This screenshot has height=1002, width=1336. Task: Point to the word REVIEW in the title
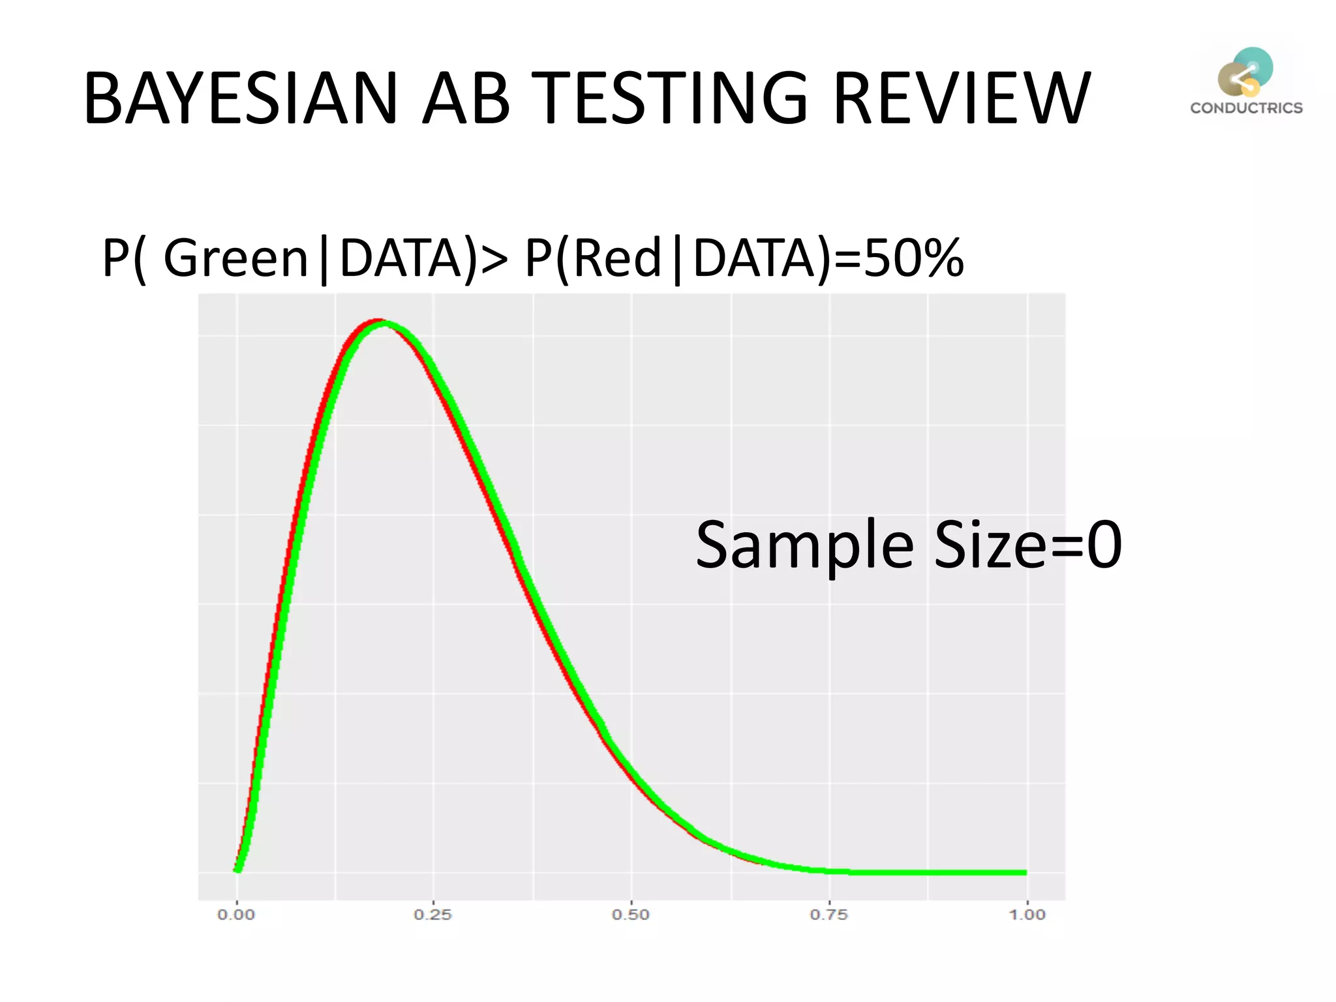962,99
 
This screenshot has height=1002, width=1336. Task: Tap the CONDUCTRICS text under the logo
1246,108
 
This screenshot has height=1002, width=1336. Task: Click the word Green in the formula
235,258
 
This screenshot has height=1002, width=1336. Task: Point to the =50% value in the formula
898,258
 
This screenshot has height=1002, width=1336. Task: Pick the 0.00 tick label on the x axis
236,915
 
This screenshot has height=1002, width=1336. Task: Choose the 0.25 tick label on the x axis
433,915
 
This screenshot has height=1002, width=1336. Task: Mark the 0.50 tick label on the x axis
631,915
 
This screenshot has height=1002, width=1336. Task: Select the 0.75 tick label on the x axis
828,915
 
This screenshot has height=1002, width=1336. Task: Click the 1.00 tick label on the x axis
1027,915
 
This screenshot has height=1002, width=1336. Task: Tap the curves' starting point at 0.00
237,869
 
